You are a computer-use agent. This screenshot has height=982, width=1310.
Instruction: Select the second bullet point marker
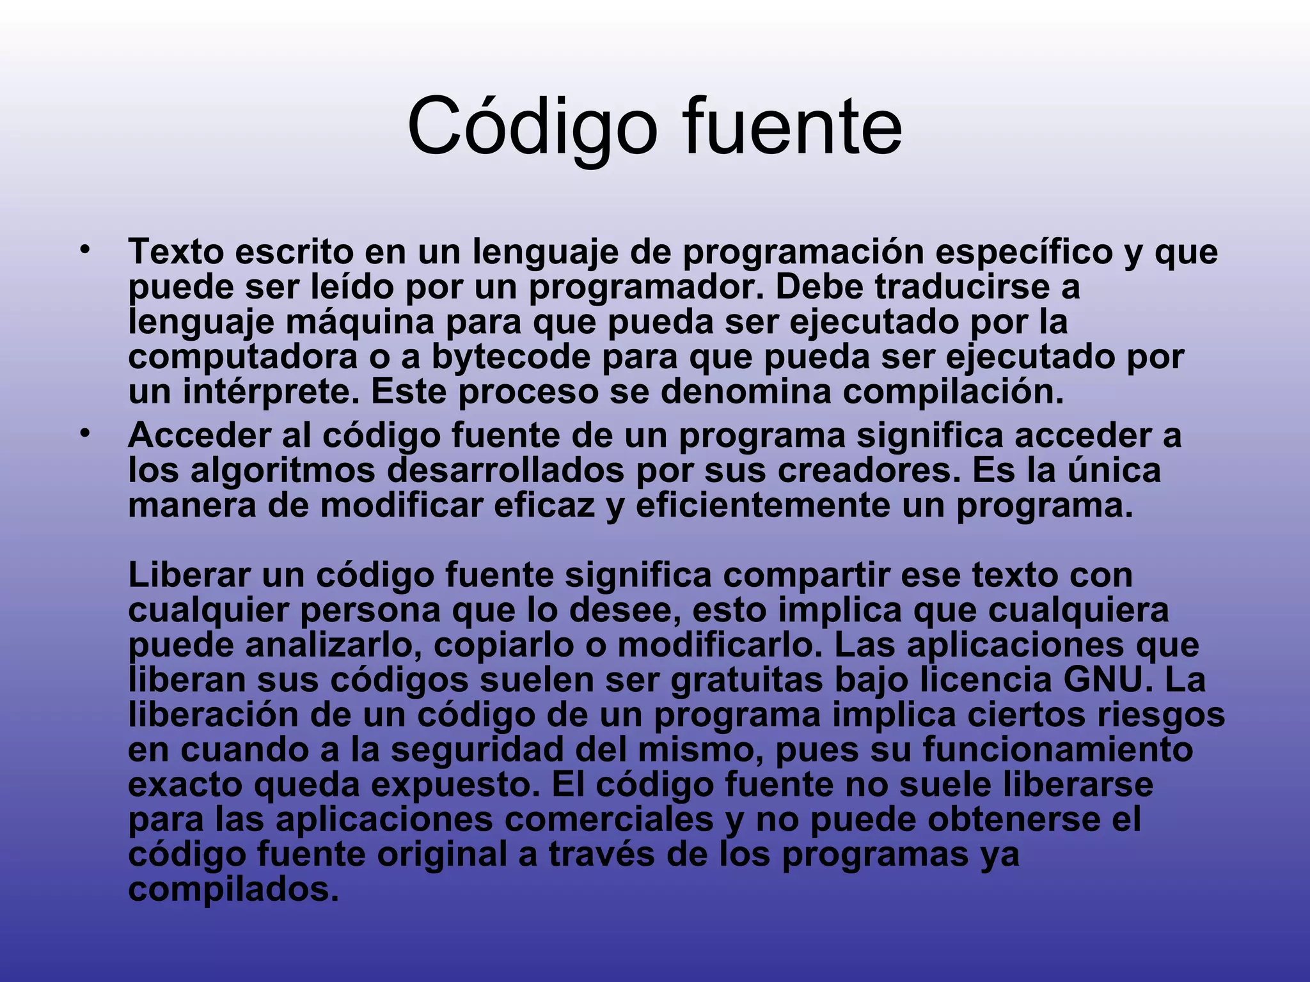[84, 434]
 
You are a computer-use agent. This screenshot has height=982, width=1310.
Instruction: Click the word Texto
[176, 252]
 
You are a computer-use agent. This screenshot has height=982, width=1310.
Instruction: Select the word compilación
[953, 393]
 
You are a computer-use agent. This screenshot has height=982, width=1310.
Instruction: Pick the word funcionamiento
[1058, 750]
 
